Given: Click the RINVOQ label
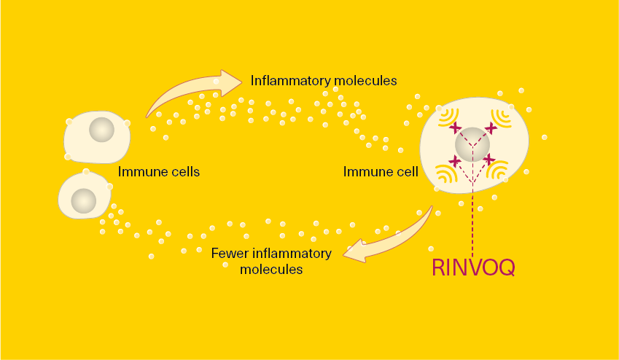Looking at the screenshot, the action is click(x=473, y=267).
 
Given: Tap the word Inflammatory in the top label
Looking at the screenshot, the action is click(x=292, y=80).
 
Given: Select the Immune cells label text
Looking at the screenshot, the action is click(x=159, y=172).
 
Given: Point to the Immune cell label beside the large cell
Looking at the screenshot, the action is click(x=381, y=172).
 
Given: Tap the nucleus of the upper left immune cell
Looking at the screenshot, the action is click(x=101, y=130).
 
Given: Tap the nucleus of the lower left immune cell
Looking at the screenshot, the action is click(x=84, y=200).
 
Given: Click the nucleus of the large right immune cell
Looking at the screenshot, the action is click(x=472, y=144).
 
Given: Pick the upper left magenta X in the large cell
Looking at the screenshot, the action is click(x=455, y=128).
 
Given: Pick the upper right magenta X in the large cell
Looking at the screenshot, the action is click(x=491, y=128).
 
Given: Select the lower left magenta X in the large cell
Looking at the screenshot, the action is click(x=455, y=160).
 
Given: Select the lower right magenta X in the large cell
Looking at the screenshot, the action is click(x=489, y=160).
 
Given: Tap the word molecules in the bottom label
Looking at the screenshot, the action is click(x=271, y=269).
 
